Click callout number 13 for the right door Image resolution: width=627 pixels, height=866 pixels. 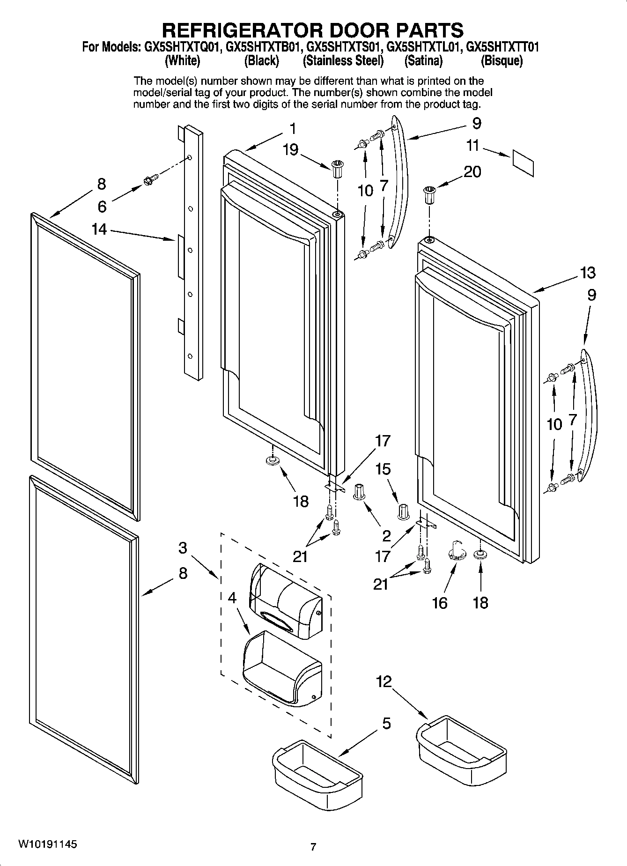coord(588,272)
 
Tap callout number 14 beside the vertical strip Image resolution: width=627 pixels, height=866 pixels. coord(99,229)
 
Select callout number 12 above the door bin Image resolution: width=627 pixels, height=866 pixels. coord(384,681)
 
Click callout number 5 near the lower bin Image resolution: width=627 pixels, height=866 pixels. coord(386,724)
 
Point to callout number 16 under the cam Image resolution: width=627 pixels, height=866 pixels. coord(440,602)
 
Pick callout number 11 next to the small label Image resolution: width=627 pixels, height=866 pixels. coord(473,146)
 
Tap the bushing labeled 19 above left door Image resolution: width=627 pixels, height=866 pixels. coord(337,168)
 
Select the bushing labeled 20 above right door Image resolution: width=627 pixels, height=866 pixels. coord(428,194)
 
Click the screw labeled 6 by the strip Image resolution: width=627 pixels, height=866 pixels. coord(151,178)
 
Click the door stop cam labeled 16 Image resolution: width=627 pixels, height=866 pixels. coord(457,549)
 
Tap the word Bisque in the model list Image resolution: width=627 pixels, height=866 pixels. coord(502,61)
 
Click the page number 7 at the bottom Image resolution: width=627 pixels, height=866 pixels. coord(313,846)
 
